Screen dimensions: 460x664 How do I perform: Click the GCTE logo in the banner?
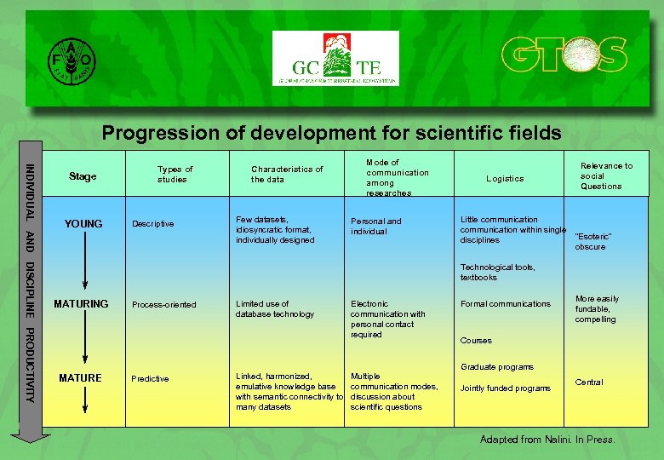coord(335,59)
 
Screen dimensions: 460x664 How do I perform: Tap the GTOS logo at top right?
coord(564,56)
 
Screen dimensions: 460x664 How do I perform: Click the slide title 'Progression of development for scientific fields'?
coord(331,133)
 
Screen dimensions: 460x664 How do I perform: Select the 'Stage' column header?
coord(83,176)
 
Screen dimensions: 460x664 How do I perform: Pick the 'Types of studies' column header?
coord(175,175)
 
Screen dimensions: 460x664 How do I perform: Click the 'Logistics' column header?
coord(505,179)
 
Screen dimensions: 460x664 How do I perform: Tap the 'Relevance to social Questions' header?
coord(606,176)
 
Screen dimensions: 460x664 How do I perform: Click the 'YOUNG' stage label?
coord(83,224)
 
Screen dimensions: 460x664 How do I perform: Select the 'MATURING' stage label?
coord(81,304)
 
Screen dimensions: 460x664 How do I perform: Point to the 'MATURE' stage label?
coord(80,378)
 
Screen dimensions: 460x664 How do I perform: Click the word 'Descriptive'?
coord(152,225)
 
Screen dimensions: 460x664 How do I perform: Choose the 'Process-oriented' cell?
coord(163,305)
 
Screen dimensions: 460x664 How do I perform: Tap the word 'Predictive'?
coord(150,379)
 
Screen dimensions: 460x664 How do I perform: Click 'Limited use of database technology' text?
coord(274,309)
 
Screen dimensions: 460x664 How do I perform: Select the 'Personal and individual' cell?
coord(375,227)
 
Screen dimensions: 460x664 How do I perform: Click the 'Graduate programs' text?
coord(496,367)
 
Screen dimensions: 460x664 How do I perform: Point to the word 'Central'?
coord(589,382)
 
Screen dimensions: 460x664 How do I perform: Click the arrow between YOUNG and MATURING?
coord(83,265)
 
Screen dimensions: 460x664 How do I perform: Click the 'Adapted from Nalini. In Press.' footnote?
coord(547,440)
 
